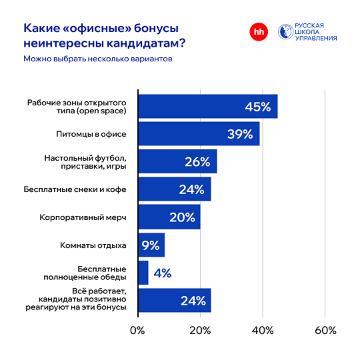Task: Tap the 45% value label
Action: tap(257, 107)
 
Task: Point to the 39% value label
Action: tap(239, 134)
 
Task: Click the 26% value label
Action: tap(197, 162)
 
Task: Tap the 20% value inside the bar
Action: tap(181, 217)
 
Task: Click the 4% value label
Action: tap(162, 273)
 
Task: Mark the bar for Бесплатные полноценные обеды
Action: tap(143, 273)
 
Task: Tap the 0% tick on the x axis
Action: tap(137, 331)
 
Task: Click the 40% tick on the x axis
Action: tap(263, 331)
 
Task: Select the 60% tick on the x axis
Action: tap(325, 331)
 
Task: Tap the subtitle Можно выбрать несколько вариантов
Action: tap(97, 59)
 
